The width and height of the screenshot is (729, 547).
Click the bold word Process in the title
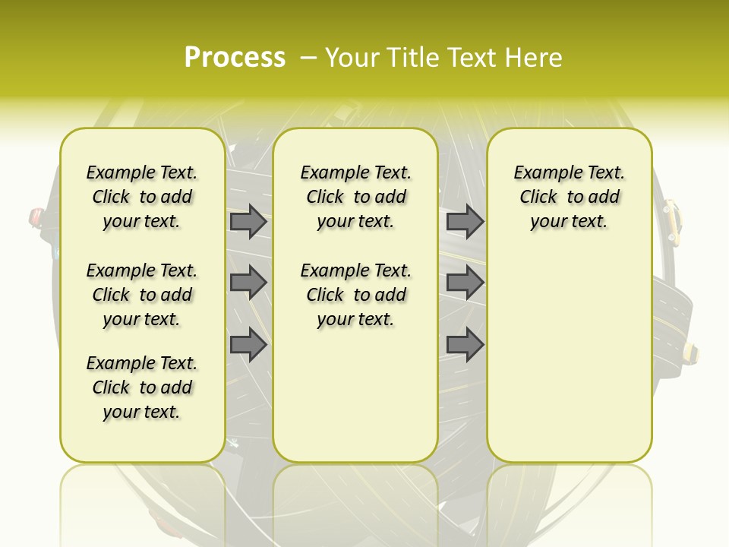pyautogui.click(x=235, y=58)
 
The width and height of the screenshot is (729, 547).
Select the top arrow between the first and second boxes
pyautogui.click(x=248, y=222)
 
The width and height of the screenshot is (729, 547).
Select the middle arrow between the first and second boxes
pyautogui.click(x=248, y=283)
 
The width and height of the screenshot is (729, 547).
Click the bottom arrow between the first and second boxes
pyautogui.click(x=248, y=345)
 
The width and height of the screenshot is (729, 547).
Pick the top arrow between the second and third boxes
pyautogui.click(x=465, y=222)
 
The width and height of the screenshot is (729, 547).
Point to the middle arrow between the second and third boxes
pyautogui.click(x=465, y=283)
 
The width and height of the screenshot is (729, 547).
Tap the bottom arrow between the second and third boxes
pyautogui.click(x=465, y=345)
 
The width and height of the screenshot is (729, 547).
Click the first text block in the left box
pyautogui.click(x=142, y=198)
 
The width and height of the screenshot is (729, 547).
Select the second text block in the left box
pyautogui.click(x=142, y=295)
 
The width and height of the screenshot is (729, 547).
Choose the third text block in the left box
pyautogui.click(x=142, y=387)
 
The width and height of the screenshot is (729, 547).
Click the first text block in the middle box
pyautogui.click(x=355, y=198)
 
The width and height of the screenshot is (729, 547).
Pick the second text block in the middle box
pyautogui.click(x=355, y=295)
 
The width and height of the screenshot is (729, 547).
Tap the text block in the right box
pyautogui.click(x=569, y=198)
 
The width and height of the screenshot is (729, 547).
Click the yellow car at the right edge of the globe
pyautogui.click(x=671, y=217)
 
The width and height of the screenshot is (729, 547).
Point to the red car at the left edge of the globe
pyautogui.click(x=36, y=218)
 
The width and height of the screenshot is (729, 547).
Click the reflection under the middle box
pyautogui.click(x=355, y=494)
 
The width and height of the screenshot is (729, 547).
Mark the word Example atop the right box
pyautogui.click(x=542, y=173)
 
